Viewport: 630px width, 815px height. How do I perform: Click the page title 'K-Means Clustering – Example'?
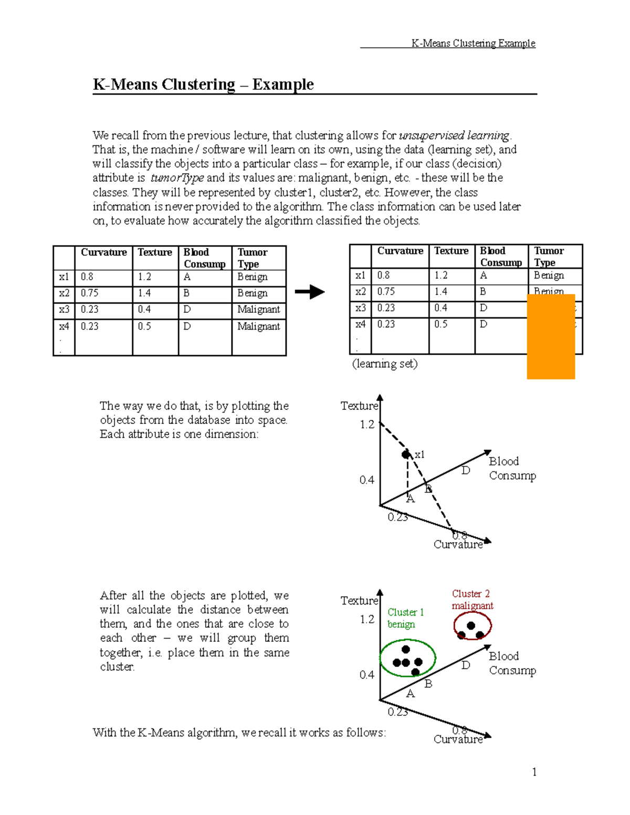coord(203,84)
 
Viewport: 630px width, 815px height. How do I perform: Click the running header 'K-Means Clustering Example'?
coord(473,43)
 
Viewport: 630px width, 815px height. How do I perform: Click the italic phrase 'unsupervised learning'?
coord(454,135)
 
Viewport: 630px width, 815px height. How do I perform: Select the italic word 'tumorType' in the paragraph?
coord(177,178)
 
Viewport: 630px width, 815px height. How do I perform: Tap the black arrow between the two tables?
coord(310,292)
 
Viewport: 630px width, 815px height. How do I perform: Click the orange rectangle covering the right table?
coord(551,336)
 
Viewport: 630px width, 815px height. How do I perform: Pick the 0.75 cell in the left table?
coord(90,293)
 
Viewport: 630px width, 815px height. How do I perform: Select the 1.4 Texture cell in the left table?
coord(144,293)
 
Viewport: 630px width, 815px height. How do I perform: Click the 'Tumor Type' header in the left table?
coord(253,258)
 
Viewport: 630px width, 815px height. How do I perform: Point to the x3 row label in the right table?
coord(360,308)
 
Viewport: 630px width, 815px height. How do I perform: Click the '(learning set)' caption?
coord(385,364)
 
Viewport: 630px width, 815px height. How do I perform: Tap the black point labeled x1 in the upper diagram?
coord(406,454)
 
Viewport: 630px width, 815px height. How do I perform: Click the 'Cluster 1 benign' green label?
coord(405,618)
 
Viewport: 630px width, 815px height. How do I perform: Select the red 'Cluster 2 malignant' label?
coord(472,599)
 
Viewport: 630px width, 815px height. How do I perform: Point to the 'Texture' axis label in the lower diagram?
coord(359,600)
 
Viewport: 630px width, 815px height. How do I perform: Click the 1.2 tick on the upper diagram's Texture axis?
coord(367,425)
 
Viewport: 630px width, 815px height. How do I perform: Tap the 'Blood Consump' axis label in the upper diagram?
coord(512,468)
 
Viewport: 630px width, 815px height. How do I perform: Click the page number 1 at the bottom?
coord(534,771)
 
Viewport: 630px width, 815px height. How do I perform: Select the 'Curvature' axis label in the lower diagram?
coord(458,739)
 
